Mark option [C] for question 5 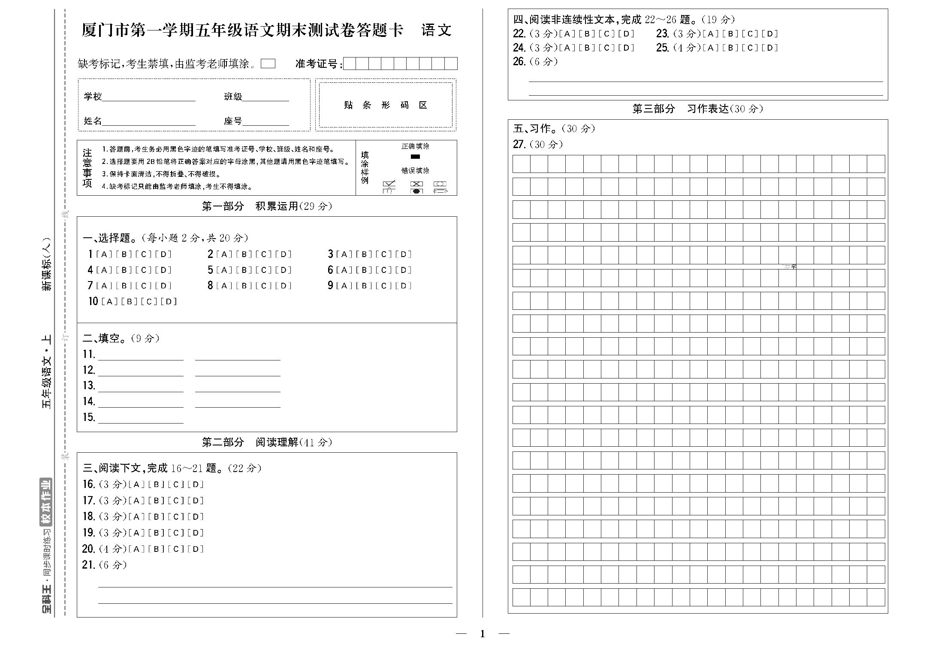[x=264, y=270]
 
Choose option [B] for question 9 [x=364, y=286]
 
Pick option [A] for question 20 [x=136, y=549]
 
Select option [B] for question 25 [x=730, y=48]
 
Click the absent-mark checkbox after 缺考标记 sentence [x=268, y=64]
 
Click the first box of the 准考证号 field [x=350, y=64]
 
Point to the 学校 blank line [x=149, y=97]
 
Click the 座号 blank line [x=265, y=121]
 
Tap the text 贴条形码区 [x=386, y=106]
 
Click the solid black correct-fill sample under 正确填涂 [x=415, y=157]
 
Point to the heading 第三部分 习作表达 [x=697, y=109]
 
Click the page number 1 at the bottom [x=483, y=634]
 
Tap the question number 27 [x=519, y=145]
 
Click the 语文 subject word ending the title [x=436, y=30]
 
